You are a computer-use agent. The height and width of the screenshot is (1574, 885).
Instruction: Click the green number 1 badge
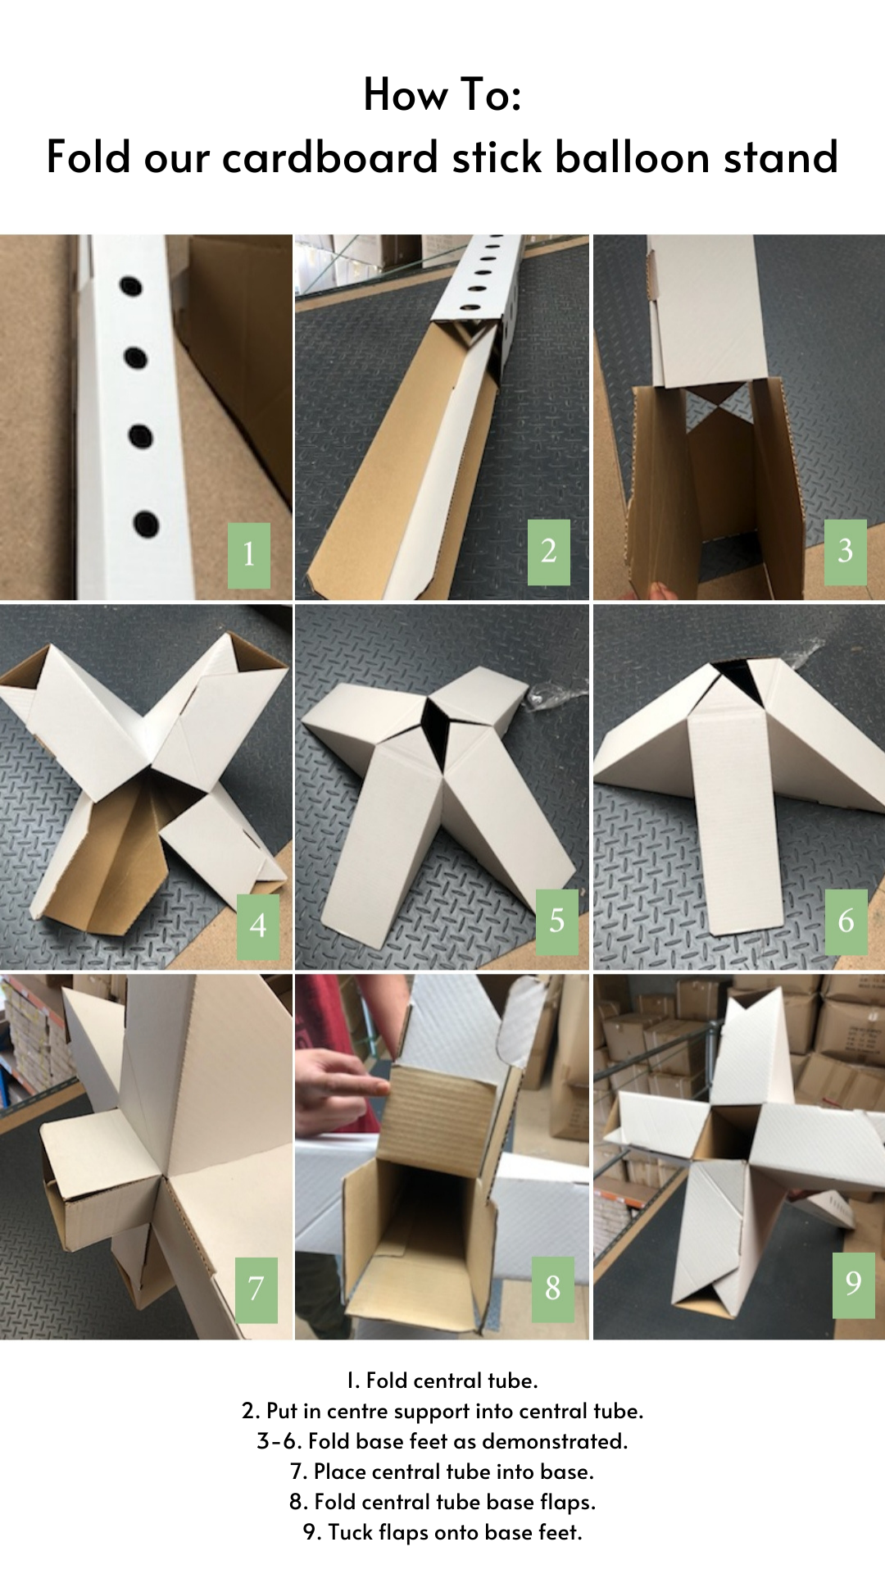pyautogui.click(x=248, y=555)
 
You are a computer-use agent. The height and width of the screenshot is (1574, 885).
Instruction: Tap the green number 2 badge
pyautogui.click(x=548, y=552)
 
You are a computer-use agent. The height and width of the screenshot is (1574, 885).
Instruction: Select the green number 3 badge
pyautogui.click(x=845, y=552)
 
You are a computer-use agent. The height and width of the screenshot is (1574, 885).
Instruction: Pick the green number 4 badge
pyautogui.click(x=258, y=926)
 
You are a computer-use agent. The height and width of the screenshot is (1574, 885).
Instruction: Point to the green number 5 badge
pyautogui.click(x=557, y=921)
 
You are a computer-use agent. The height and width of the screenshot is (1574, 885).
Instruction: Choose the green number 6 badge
pyautogui.click(x=846, y=921)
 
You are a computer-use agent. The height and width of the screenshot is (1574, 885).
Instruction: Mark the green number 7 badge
pyautogui.click(x=256, y=1290)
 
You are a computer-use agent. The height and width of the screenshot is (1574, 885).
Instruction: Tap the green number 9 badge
pyautogui.click(x=853, y=1285)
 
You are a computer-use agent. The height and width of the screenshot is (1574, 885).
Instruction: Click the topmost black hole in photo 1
pyautogui.click(x=131, y=286)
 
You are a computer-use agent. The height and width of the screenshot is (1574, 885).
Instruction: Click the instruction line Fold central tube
pyautogui.click(x=442, y=1381)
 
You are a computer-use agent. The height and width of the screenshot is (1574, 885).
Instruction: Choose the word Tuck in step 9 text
pyautogui.click(x=347, y=1532)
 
